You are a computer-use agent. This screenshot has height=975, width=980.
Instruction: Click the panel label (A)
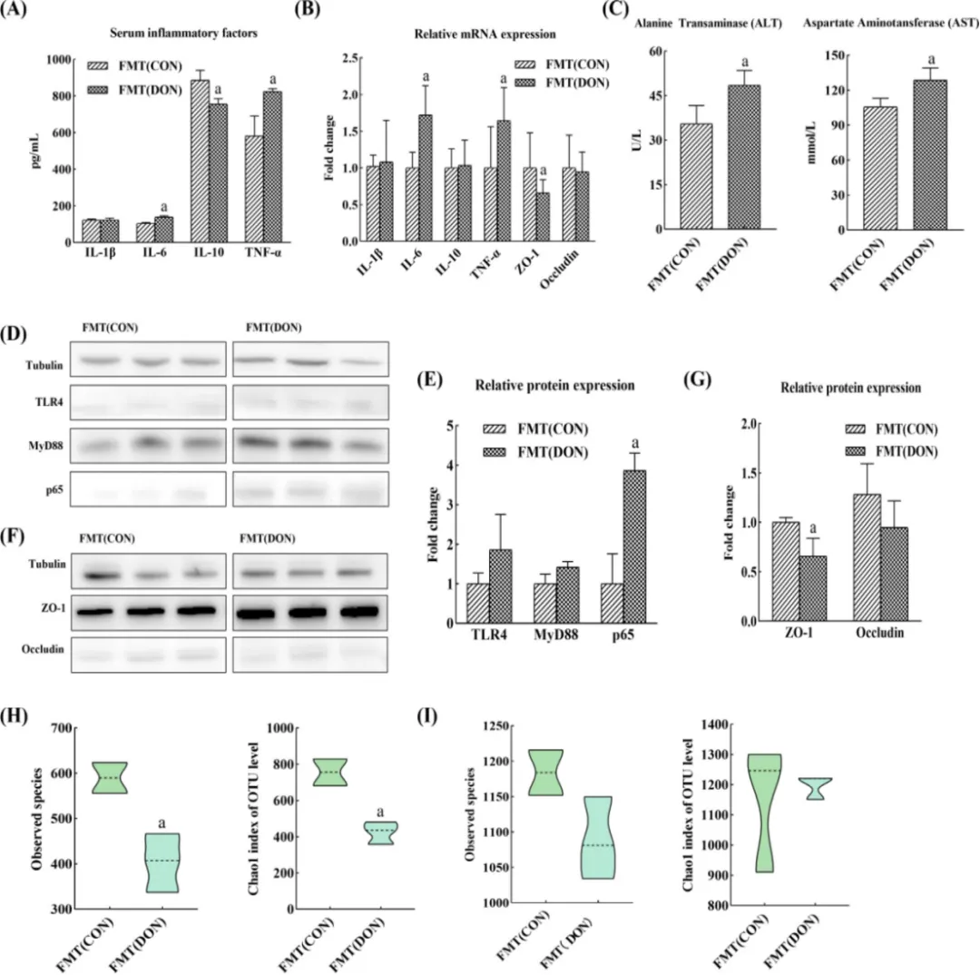[14, 10]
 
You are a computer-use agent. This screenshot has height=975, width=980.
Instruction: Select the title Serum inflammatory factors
[183, 34]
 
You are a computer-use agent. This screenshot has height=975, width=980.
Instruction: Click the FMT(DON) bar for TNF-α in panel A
[272, 167]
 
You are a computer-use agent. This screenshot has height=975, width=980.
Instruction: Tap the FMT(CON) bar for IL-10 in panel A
[200, 161]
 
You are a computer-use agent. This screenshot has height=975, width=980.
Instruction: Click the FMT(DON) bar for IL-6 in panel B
[425, 178]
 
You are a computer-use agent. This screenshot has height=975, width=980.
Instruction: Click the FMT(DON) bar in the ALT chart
[744, 158]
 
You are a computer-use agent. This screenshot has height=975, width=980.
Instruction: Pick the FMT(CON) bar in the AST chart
[880, 168]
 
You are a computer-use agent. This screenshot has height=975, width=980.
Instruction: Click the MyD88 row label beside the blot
[45, 446]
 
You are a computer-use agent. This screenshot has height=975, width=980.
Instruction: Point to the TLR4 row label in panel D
[49, 402]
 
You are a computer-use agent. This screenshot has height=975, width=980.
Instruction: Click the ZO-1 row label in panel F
[54, 607]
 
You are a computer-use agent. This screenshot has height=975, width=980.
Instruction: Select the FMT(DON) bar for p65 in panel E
[634, 547]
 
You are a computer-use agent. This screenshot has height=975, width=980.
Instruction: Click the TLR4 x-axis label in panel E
[489, 635]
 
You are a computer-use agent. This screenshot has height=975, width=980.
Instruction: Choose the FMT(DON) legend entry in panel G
[891, 451]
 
